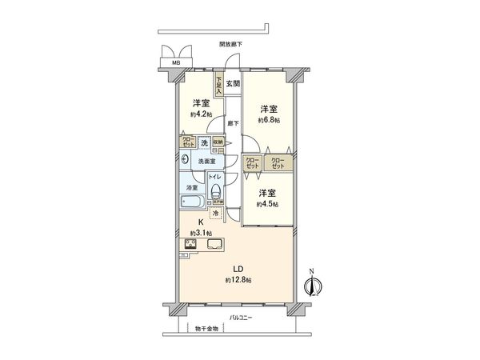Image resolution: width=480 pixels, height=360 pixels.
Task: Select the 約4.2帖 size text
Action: [200, 114]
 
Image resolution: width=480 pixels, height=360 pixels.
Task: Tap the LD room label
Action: [238, 270]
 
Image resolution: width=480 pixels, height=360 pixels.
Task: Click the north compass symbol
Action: [314, 283]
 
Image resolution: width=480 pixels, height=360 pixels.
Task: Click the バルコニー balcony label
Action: [239, 318]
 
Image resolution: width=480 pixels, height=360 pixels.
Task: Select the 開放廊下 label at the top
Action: [230, 44]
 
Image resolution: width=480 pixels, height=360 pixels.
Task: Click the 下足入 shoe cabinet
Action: [218, 83]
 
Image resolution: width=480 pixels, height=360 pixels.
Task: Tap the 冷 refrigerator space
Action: [216, 214]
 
